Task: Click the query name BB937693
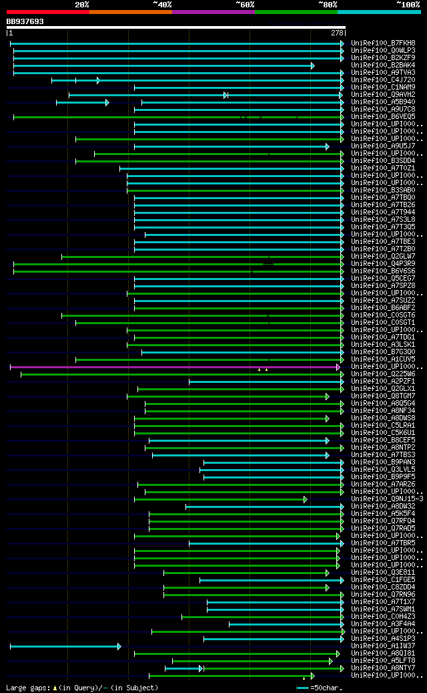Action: (25, 21)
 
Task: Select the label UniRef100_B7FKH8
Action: (383, 43)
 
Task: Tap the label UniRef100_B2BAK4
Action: (383, 65)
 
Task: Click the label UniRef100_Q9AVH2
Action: (383, 94)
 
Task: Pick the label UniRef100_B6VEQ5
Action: (383, 116)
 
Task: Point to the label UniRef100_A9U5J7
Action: (383, 146)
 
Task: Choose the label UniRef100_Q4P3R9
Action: (383, 263)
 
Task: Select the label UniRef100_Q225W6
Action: (383, 374)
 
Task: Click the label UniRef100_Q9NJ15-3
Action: (387, 499)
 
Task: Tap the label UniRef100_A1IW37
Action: (383, 646)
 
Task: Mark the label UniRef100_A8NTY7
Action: (383, 668)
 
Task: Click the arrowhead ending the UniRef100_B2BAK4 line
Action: (312, 65)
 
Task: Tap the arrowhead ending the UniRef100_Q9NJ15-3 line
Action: (306, 499)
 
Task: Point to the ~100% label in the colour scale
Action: (408, 4)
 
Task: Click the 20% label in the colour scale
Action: (82, 4)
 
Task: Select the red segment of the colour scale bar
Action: (47, 11)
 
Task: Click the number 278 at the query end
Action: (337, 32)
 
